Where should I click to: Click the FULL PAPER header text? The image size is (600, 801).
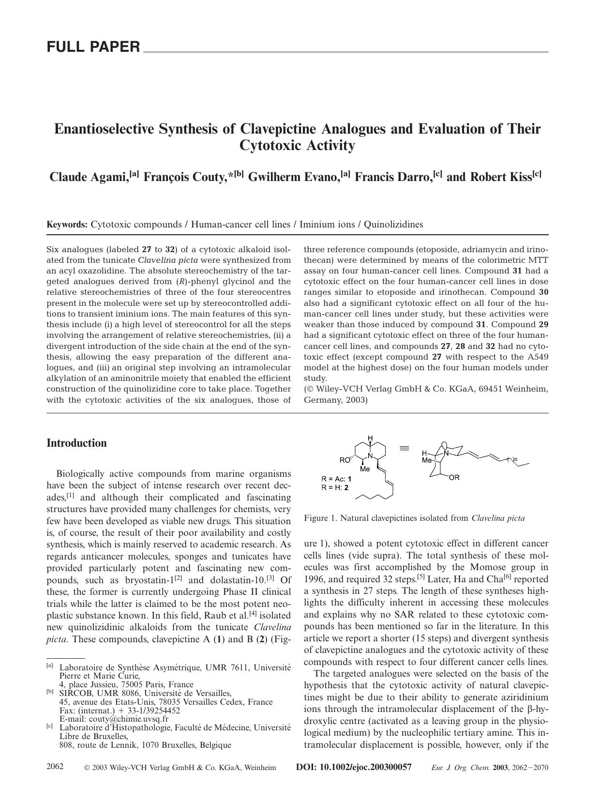pyautogui.click(x=93, y=47)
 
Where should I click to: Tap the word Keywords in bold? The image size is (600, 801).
pyautogui.click(x=67, y=225)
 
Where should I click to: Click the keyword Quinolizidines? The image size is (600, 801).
pyautogui.click(x=393, y=225)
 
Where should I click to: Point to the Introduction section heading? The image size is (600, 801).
pyautogui.click(x=76, y=443)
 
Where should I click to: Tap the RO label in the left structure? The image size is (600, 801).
pyautogui.click(x=345, y=460)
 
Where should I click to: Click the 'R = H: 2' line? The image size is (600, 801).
pyautogui.click(x=335, y=487)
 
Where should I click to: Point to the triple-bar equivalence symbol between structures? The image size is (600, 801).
pyautogui.click(x=404, y=448)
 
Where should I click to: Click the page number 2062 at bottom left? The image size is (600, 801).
pyautogui.click(x=55, y=767)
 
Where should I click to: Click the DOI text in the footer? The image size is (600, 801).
pyautogui.click(x=353, y=767)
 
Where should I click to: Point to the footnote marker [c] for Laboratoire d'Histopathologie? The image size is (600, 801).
pyautogui.click(x=49, y=726)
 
